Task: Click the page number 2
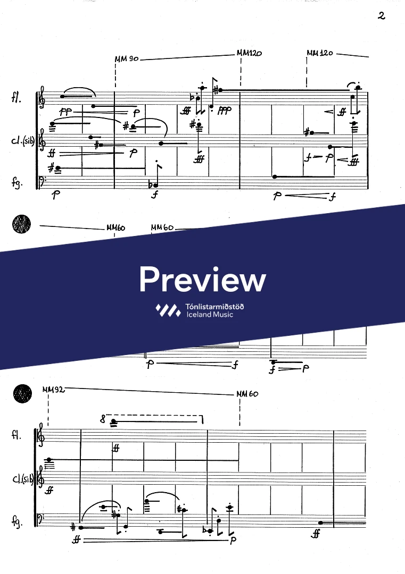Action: tap(381, 15)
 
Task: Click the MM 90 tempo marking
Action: tap(126, 59)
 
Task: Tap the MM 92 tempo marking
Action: tap(53, 390)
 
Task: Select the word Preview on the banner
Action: tap(202, 278)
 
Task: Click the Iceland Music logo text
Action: tap(210, 310)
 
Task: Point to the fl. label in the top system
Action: tap(16, 98)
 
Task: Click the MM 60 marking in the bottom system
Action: tap(247, 394)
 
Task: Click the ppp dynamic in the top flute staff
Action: tap(225, 111)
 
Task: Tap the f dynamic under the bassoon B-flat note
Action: tap(154, 195)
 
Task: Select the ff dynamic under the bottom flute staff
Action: tap(115, 448)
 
